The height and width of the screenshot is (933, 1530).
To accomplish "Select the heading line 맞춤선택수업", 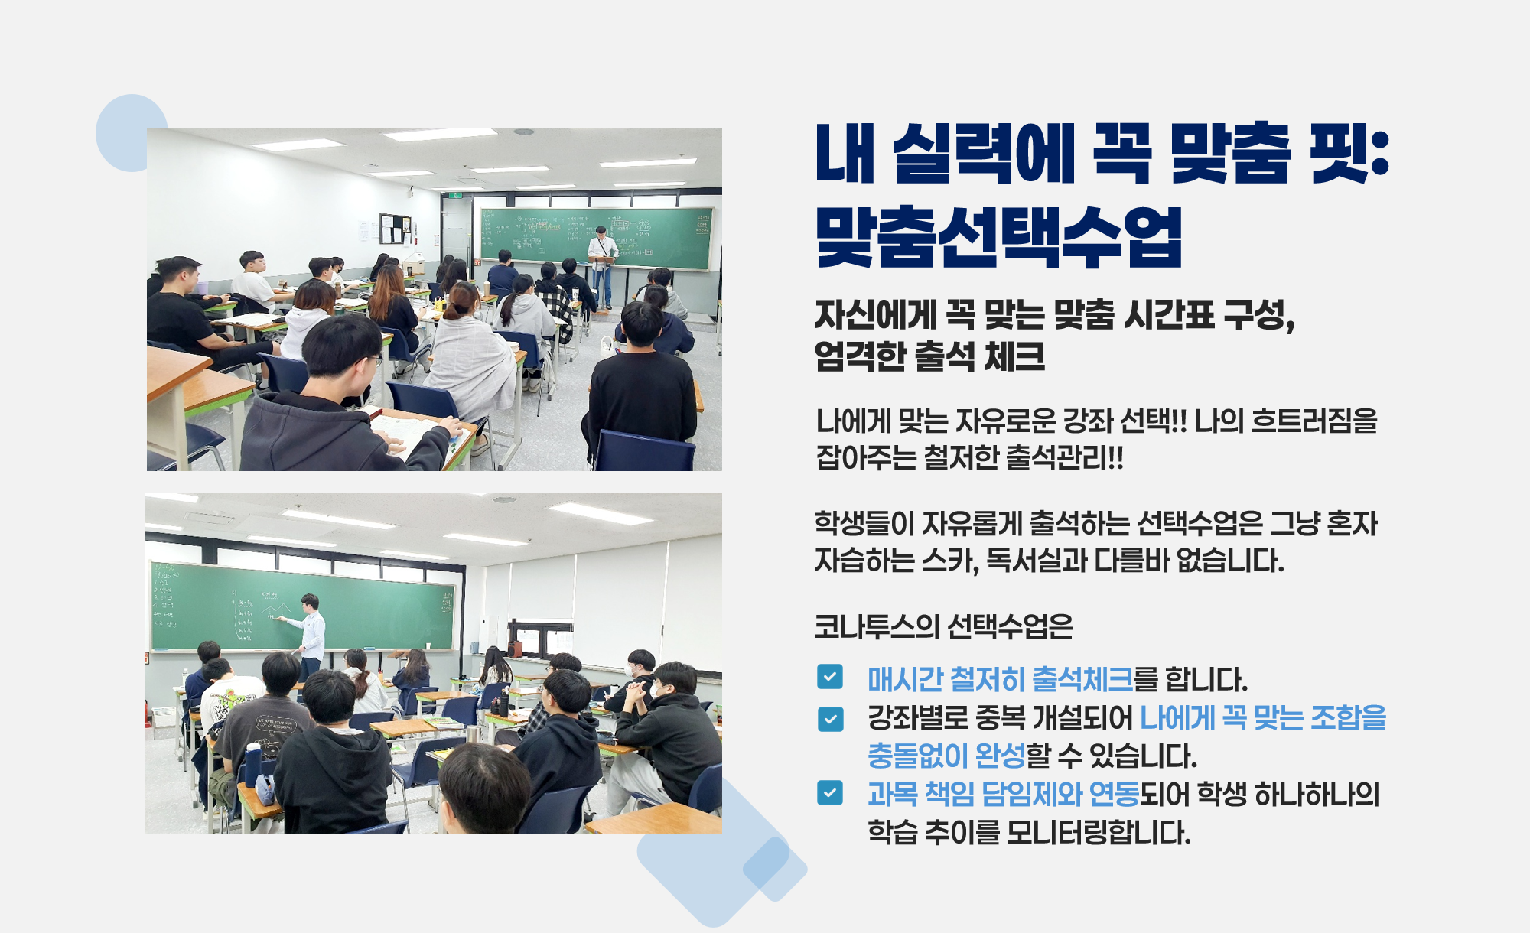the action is click(999, 236).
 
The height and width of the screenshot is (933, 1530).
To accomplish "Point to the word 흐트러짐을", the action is click(1314, 421).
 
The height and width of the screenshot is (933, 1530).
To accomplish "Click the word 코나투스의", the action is click(877, 626).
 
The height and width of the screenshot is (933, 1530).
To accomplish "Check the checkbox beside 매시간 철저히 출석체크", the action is click(830, 677).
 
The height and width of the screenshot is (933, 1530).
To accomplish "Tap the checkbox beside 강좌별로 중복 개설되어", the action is click(830, 719).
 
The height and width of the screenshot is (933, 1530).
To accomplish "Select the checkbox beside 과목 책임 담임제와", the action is click(830, 793).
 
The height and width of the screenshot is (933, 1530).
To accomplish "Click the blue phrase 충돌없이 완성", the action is click(946, 756).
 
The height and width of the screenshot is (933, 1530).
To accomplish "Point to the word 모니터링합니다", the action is click(1099, 832).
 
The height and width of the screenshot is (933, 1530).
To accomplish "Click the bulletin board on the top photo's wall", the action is click(396, 229).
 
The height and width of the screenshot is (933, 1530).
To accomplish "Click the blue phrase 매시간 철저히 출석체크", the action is click(1000, 679).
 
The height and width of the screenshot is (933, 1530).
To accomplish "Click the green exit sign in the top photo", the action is click(456, 196).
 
